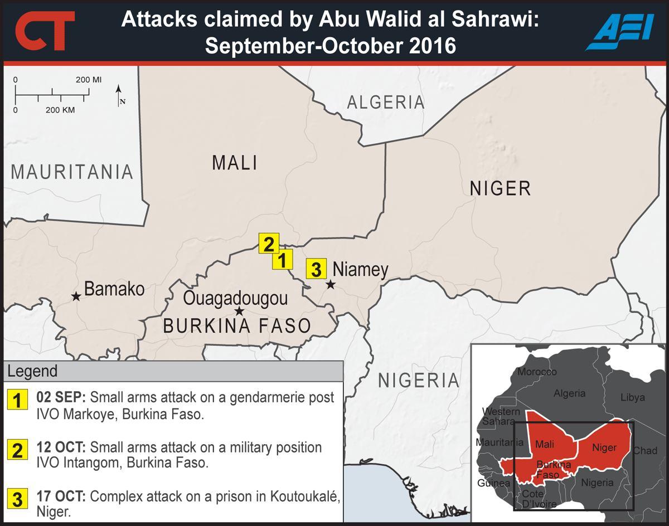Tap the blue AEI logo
pyautogui.click(x=619, y=32)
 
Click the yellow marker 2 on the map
pyautogui.click(x=268, y=243)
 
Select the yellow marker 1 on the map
pyautogui.click(x=283, y=259)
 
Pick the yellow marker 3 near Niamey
pyautogui.click(x=316, y=269)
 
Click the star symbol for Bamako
pyautogui.click(x=76, y=297)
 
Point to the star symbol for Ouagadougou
pyautogui.click(x=239, y=311)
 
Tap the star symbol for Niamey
pyautogui.click(x=331, y=285)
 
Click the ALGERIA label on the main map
pyautogui.click(x=386, y=103)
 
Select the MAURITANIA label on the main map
pyautogui.click(x=72, y=172)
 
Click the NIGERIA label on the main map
pyautogui.click(x=419, y=381)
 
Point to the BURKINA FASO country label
pyautogui.click(x=237, y=326)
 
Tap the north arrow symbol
pyautogui.click(x=119, y=95)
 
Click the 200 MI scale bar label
pyautogui.click(x=89, y=80)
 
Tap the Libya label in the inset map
pyautogui.click(x=632, y=397)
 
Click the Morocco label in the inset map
pyautogui.click(x=537, y=372)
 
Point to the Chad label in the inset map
pyautogui.click(x=645, y=450)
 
